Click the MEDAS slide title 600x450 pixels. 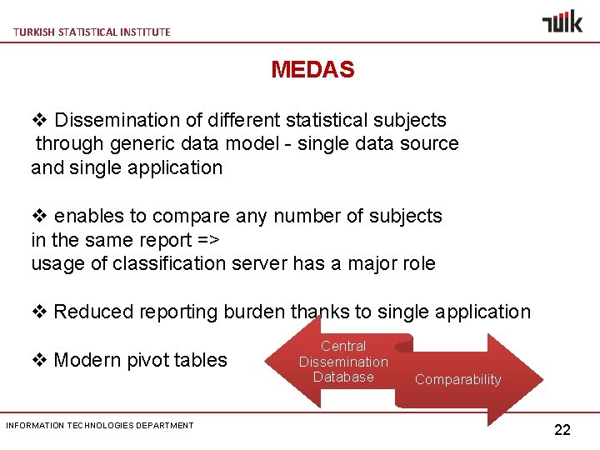pos(312,70)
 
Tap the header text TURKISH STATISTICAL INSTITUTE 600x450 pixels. pos(92,32)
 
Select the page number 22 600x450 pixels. pos(562,430)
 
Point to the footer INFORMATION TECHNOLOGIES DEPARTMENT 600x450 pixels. pos(100,425)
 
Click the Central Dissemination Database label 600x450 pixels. pos(343,362)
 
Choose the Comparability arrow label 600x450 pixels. pos(457,380)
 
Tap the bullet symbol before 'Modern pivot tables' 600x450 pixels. pos(39,360)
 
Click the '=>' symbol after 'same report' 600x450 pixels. pos(208,240)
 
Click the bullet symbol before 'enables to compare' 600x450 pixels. pos(39,216)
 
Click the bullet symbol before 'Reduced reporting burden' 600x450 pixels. pos(39,312)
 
